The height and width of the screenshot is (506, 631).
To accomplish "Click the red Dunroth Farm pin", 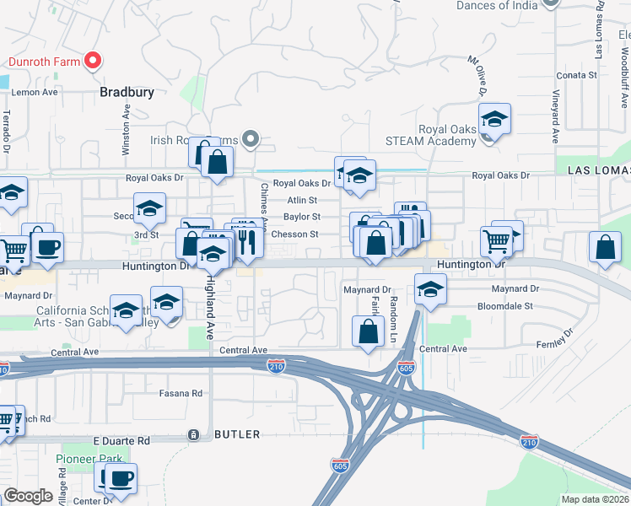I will pos(94,61).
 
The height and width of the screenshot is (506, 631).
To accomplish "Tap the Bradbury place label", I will pos(127,92).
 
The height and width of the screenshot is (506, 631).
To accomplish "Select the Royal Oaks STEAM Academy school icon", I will pos(494,120).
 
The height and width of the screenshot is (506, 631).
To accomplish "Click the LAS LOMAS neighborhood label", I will pos(598,170).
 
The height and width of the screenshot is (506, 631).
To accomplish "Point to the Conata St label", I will pos(577,75).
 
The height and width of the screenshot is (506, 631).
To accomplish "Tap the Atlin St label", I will pos(301,201).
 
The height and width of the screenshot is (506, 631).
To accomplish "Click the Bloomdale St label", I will pos(504,306).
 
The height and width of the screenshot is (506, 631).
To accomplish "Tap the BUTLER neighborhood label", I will pos(237,434).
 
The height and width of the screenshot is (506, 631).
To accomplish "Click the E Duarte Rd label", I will pos(121,440).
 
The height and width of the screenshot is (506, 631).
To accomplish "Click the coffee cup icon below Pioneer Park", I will pos(119,479).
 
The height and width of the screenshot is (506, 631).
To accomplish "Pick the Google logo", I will pos(28,496).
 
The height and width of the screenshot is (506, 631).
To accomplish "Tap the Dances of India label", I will pos(496,5).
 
